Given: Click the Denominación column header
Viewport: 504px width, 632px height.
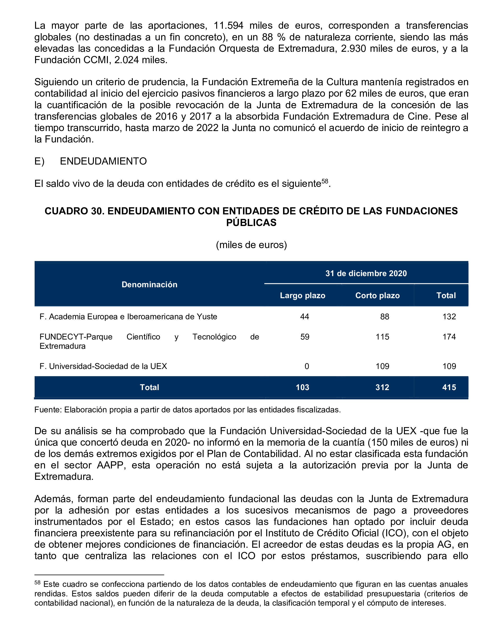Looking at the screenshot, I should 149,284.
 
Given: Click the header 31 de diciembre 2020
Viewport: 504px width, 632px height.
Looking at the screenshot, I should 366,273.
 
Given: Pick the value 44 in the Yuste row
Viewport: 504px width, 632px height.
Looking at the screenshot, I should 304,316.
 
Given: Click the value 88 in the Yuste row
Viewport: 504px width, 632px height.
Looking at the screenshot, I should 385,316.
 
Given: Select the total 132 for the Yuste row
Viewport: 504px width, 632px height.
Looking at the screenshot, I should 449,316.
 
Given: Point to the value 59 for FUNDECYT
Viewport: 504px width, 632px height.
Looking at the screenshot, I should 305,337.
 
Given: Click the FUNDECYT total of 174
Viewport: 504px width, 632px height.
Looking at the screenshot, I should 449,337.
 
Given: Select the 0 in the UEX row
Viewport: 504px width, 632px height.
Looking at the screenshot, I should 307,366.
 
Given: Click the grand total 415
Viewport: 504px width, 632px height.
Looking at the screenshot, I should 449,387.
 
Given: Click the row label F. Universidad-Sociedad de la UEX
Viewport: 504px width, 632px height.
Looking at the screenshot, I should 103,366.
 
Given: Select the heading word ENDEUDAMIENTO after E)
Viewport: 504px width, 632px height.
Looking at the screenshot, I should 103,161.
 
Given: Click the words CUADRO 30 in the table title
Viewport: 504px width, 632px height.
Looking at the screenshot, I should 74,211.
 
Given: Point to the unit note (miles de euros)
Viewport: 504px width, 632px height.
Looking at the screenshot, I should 252,245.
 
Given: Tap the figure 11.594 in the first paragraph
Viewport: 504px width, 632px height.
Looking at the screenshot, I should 228,26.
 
